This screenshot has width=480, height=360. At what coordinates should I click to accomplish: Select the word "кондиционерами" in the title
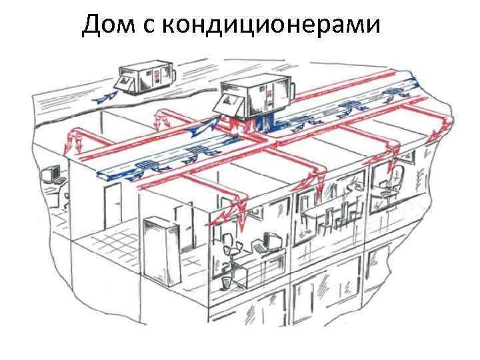pyautogui.click(x=272, y=25)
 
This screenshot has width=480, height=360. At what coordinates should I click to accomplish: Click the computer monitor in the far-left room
pyautogui.click(x=48, y=175)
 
